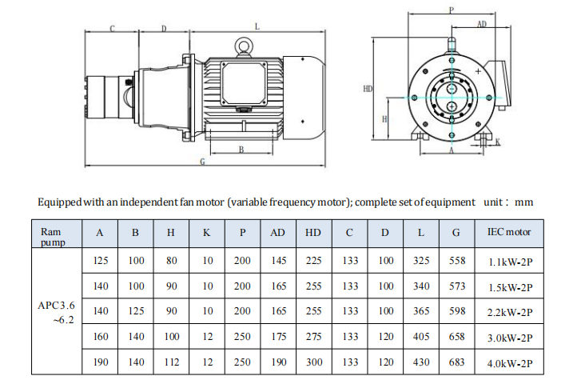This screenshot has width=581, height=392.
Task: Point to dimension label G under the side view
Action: [202, 162]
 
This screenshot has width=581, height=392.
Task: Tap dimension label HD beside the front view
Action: [367, 89]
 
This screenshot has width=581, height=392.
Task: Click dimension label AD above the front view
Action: [482, 24]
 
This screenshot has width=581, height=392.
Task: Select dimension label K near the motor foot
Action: [498, 142]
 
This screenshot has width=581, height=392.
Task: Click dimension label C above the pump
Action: [112, 29]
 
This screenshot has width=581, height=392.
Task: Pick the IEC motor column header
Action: [509, 232]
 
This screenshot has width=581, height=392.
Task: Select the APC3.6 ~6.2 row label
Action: [56, 312]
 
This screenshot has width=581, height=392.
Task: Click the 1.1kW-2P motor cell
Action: [510, 262]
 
